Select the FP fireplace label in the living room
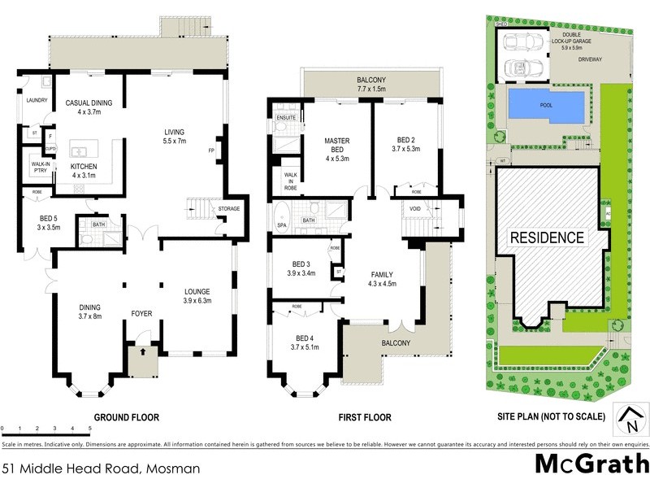(x=210, y=151)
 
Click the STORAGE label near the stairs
(x=229, y=209)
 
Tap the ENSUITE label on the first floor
(x=286, y=119)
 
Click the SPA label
(x=281, y=224)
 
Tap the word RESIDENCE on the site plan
(x=547, y=237)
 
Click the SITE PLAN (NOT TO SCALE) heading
(x=551, y=417)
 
